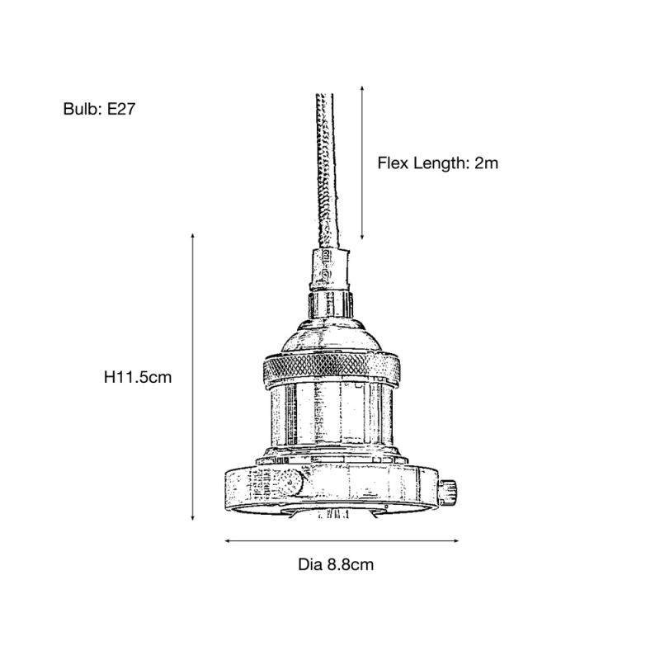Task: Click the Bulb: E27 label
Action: (x=98, y=109)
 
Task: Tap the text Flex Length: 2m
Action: (x=438, y=163)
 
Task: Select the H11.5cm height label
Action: (x=138, y=378)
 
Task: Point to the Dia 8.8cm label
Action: (x=336, y=565)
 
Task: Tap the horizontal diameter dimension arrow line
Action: (x=342, y=542)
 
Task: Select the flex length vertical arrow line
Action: (x=362, y=165)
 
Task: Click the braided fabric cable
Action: (x=327, y=165)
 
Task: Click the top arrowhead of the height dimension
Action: (x=193, y=236)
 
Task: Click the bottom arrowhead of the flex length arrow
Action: (x=362, y=240)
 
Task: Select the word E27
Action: (x=120, y=109)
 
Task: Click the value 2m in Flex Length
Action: (x=486, y=163)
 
